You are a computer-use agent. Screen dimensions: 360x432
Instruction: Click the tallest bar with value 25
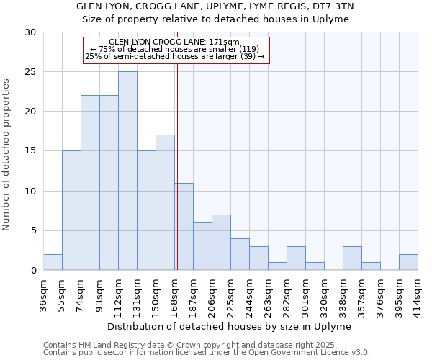point(127,171)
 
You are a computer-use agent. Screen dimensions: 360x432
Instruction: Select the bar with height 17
point(165,202)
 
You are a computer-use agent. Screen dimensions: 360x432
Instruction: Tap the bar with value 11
point(184,226)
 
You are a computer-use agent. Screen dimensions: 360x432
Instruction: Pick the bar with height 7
point(221,242)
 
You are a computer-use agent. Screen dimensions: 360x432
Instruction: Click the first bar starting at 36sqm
point(53,262)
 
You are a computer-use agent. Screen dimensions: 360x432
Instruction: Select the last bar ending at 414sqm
point(408,262)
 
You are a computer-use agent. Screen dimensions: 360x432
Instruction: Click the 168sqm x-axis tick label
point(174,293)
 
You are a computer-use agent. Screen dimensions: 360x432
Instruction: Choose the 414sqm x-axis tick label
point(418,293)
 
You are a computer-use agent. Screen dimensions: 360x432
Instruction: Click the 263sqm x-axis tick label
point(268,293)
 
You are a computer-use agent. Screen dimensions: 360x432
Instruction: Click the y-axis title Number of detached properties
point(7,155)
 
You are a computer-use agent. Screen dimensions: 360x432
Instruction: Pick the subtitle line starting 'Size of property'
point(215,19)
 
